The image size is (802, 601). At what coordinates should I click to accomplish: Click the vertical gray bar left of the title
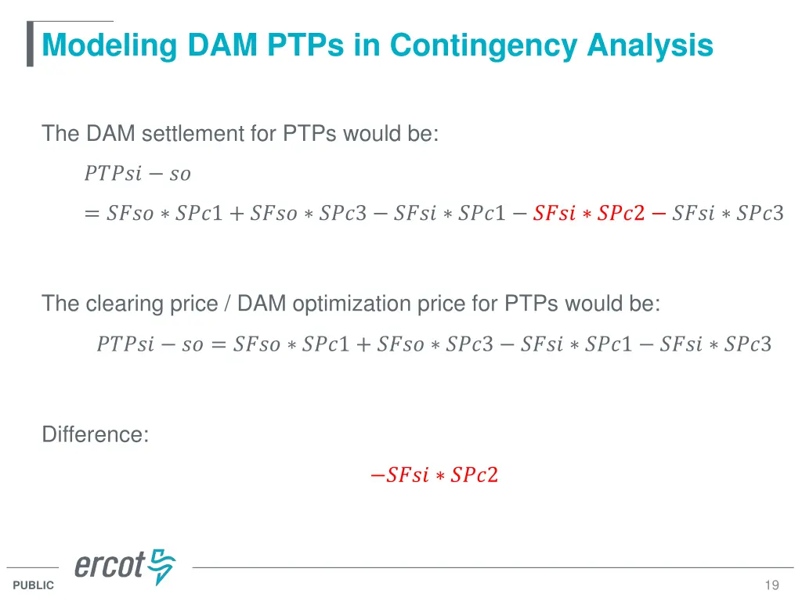pos(30,44)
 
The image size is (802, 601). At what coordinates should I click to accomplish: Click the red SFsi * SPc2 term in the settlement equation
pos(588,213)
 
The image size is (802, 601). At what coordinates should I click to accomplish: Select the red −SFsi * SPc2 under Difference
pos(434,475)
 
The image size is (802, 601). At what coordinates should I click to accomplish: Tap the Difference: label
pos(95,434)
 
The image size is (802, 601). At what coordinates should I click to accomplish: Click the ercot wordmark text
pos(110,565)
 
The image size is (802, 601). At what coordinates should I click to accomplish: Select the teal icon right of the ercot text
pos(162,567)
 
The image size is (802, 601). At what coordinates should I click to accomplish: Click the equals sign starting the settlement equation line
pos(92,213)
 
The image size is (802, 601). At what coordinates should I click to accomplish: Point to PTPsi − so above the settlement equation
pos(137,173)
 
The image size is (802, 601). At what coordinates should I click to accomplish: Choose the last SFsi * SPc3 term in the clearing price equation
pos(715,344)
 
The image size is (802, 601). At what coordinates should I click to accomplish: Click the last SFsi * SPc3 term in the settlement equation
pos(728,213)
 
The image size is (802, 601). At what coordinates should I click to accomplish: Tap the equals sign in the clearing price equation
pos(219,344)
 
